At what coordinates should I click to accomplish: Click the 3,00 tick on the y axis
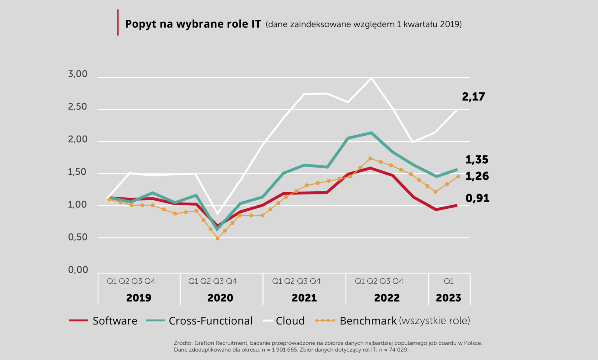[78, 74]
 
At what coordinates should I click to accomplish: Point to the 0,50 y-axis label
[78, 237]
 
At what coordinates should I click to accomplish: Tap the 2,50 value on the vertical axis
[78, 106]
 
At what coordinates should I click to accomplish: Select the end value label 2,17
[473, 97]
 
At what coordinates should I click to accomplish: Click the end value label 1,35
[477, 160]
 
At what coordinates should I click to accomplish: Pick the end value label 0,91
[477, 198]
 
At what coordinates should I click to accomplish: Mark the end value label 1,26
[477, 176]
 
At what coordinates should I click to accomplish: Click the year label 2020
[220, 298]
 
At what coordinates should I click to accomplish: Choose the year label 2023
[448, 298]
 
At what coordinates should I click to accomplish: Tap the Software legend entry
[103, 321]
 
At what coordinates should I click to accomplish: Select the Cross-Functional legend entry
[199, 321]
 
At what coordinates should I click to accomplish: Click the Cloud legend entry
[284, 321]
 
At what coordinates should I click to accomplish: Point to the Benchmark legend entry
[392, 321]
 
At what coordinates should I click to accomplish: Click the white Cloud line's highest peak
[371, 78]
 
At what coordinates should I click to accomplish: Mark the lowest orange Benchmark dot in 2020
[217, 238]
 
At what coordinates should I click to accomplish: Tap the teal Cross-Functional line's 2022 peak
[371, 133]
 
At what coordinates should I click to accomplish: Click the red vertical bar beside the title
[118, 23]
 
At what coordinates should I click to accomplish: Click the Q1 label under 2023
[448, 281]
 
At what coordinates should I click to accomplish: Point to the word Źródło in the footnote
[183, 343]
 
